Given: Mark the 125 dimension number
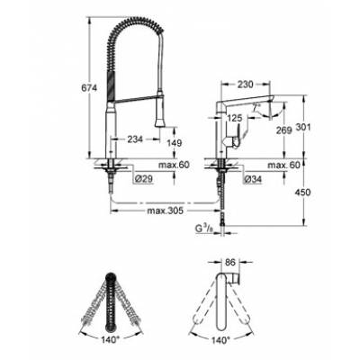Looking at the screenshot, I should [234, 116].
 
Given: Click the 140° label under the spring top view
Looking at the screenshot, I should [112, 343].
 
